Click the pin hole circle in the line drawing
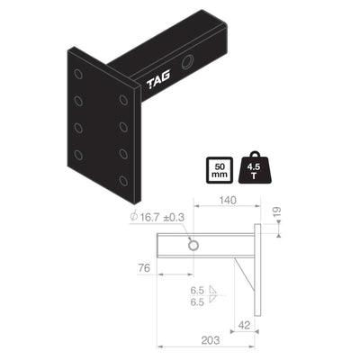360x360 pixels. click(x=193, y=246)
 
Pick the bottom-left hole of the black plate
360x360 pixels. click(x=80, y=154)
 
